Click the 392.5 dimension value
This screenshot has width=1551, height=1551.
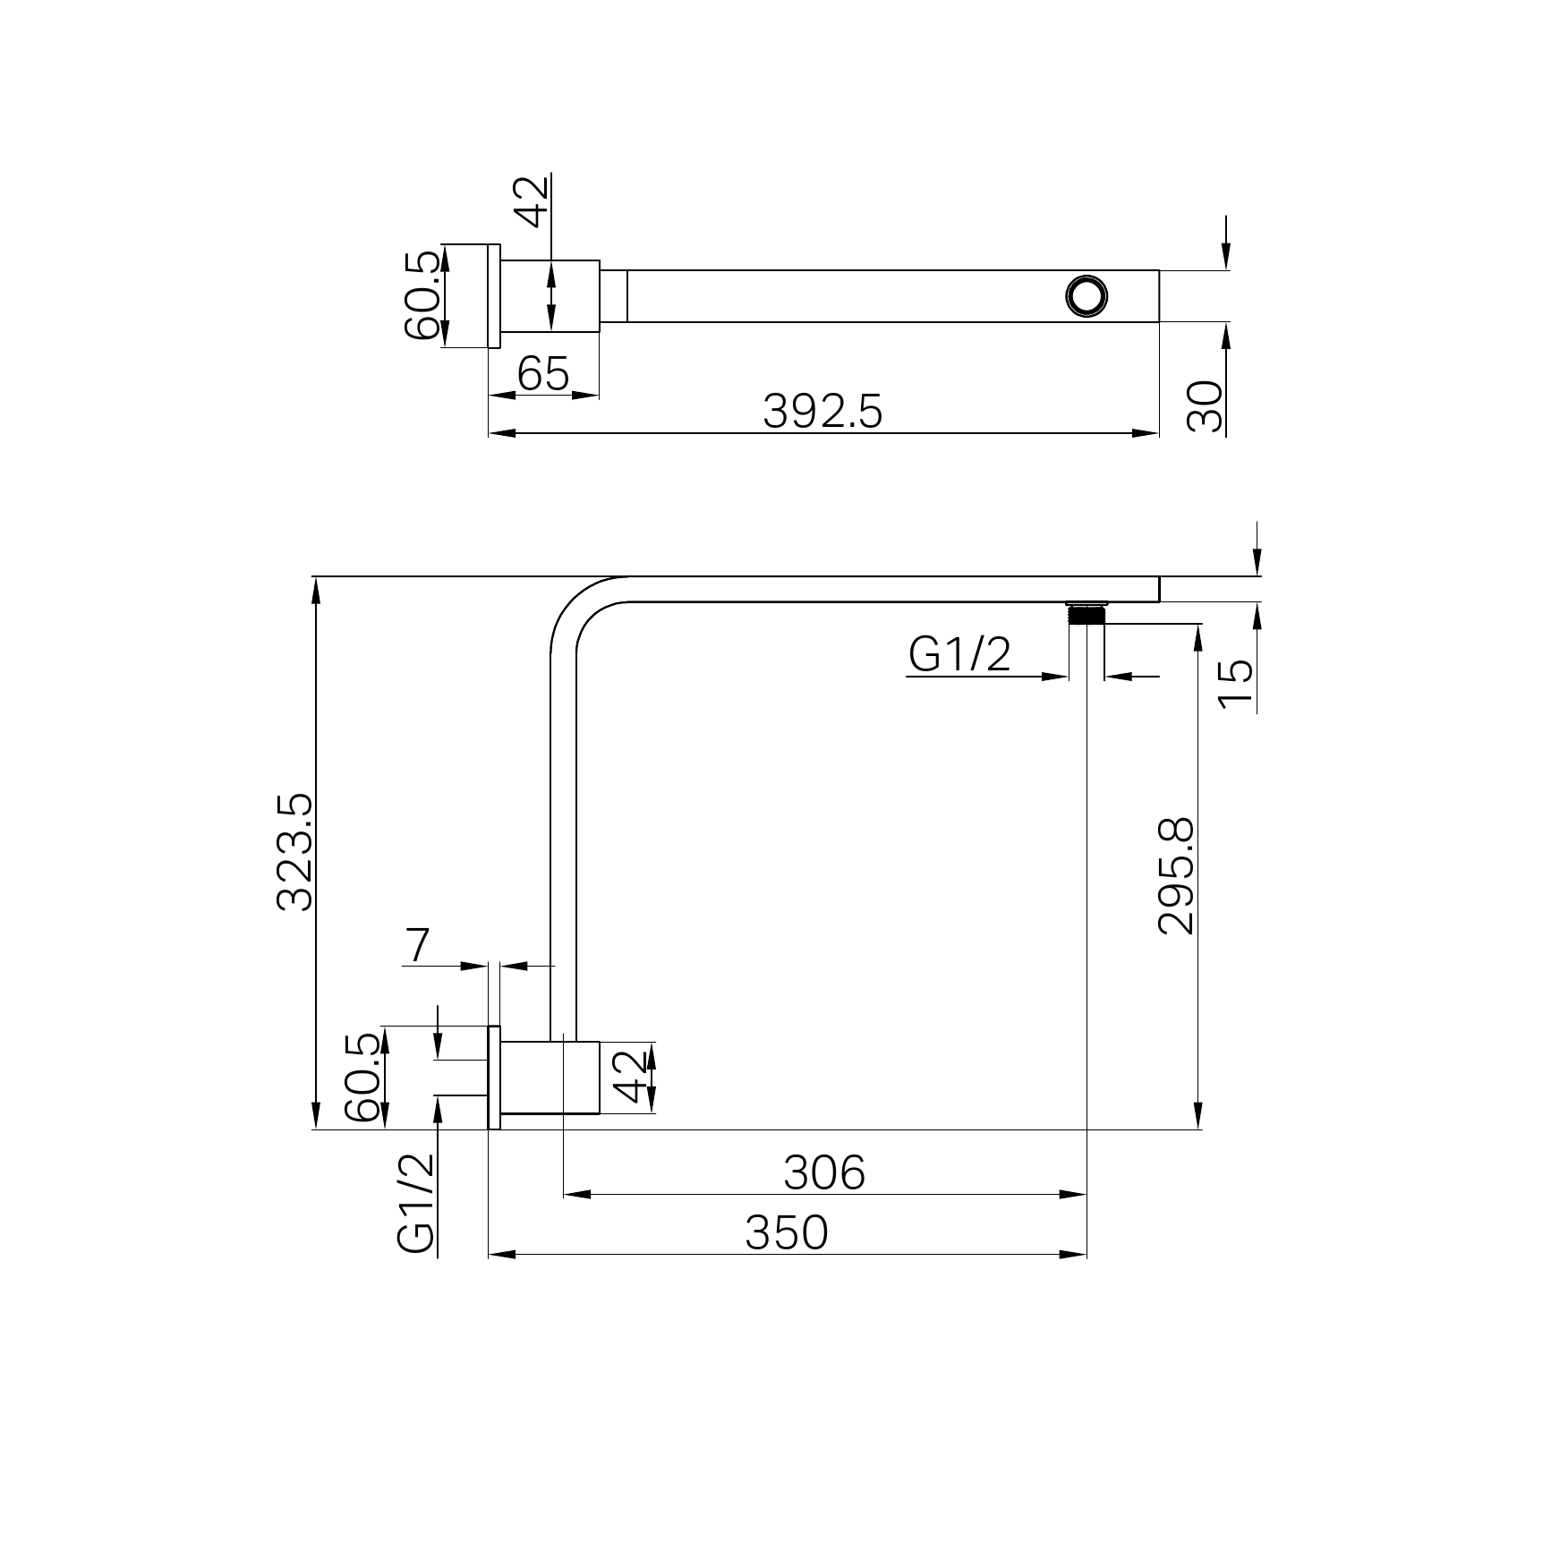(x=822, y=412)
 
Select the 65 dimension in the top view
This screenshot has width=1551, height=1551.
(x=543, y=374)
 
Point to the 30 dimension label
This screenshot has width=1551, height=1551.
(x=1205, y=407)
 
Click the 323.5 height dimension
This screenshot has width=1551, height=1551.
(x=295, y=851)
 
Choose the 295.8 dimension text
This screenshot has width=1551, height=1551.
(x=1175, y=875)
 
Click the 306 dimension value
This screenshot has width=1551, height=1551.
(x=824, y=1172)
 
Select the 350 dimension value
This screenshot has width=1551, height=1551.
(x=787, y=1233)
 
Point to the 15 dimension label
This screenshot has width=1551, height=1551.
(x=1237, y=684)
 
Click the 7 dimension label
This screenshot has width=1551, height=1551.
(x=417, y=946)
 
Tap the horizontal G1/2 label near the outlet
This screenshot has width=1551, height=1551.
(x=959, y=655)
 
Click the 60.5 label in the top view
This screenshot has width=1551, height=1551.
(x=423, y=295)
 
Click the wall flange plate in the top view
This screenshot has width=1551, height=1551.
(x=493, y=295)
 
